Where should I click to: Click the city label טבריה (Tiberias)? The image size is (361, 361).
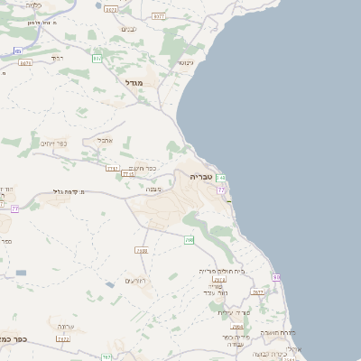(201, 177)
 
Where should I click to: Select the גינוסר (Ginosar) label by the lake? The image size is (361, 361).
(185, 62)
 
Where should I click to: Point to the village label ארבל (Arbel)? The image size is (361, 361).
(105, 140)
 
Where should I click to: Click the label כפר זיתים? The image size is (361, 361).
(55, 143)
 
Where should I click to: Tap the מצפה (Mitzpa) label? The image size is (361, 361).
(153, 190)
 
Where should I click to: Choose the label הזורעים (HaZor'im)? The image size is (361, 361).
(136, 282)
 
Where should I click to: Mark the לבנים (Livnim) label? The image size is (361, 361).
(129, 29)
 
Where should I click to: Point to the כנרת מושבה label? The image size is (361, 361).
(274, 332)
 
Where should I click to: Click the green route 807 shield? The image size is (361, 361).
(97, 59)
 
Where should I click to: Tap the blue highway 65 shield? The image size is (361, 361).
(17, 51)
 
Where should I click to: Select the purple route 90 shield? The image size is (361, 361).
(276, 277)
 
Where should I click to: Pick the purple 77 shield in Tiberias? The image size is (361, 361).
(221, 190)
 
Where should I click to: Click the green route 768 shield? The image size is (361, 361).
(190, 240)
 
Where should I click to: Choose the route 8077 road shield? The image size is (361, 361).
(159, 16)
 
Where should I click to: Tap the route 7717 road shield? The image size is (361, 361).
(113, 168)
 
